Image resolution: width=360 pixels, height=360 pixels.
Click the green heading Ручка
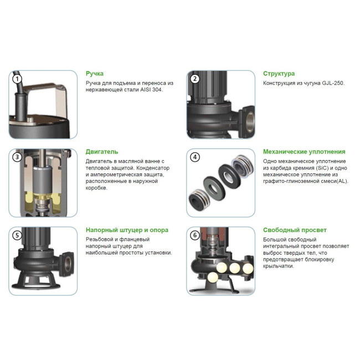click(x=95, y=74)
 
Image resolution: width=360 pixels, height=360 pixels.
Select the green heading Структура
click(x=279, y=74)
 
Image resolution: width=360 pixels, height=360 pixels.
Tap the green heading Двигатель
click(x=102, y=152)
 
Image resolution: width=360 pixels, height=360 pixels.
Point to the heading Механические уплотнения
click(x=304, y=152)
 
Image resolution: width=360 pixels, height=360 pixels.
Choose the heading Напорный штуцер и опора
click(x=127, y=230)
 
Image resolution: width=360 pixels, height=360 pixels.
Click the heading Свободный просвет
click(x=295, y=230)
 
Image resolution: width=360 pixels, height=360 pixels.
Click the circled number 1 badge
click(x=17, y=79)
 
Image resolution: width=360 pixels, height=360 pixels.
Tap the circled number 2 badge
click(x=195, y=79)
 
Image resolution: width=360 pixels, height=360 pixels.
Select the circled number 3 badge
click(x=17, y=157)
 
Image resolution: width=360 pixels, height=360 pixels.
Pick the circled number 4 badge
click(x=195, y=157)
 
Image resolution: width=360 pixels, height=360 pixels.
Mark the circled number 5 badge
click(x=17, y=235)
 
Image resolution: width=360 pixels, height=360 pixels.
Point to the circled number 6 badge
click(x=195, y=235)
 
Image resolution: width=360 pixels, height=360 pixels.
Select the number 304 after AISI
click(x=157, y=90)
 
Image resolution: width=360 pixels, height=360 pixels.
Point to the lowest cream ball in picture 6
click(x=212, y=277)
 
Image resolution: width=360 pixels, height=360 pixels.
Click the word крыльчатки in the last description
click(x=279, y=266)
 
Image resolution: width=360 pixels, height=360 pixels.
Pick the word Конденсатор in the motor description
click(x=153, y=168)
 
